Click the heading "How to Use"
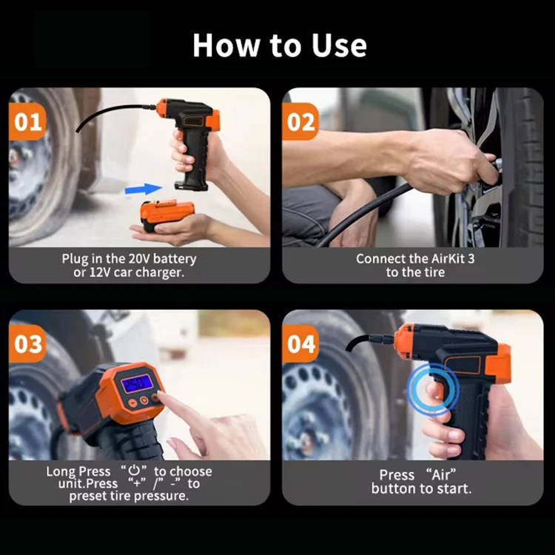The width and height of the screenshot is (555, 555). click(279, 45)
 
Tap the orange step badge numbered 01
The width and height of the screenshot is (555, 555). click(27, 122)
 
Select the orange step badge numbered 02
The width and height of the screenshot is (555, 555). click(301, 122)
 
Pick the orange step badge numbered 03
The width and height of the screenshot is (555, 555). click(27, 344)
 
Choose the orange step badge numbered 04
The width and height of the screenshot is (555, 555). click(301, 344)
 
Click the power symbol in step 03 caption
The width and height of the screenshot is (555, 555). click(134, 471)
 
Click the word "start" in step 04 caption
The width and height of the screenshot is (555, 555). click(454, 488)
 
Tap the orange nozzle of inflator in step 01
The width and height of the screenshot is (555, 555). click(161, 108)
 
